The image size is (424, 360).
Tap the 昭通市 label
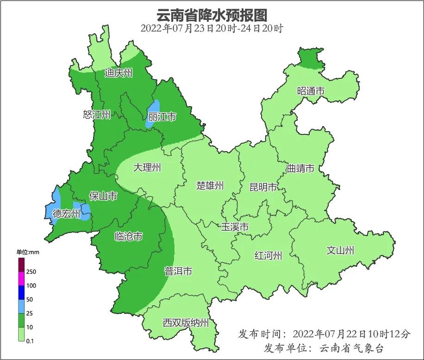(311, 91)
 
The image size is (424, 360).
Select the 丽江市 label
(162, 117)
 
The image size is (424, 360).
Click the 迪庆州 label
(118, 73)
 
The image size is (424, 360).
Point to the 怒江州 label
(97, 114)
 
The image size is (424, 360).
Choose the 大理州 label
(147, 167)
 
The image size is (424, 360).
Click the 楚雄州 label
(210, 186)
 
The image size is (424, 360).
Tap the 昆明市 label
(263, 187)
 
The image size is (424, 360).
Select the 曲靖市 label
(300, 168)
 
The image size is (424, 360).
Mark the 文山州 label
(340, 251)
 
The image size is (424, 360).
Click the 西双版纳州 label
(186, 323)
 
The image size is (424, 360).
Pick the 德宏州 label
(66, 214)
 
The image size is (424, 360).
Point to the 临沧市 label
(128, 237)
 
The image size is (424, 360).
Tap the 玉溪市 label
(235, 227)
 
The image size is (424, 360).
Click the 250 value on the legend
(31, 272)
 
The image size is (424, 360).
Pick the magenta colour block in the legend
(21, 278)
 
